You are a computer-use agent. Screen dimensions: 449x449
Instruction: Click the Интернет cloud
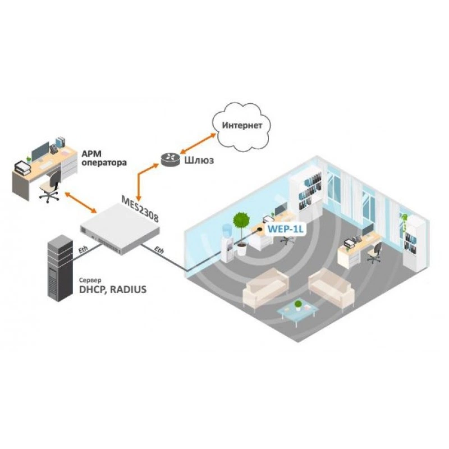(241, 127)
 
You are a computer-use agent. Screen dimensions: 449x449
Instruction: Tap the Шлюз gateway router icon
(170, 160)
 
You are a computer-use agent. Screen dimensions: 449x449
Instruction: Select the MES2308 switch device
(120, 229)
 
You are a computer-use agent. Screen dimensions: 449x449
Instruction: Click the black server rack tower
(60, 268)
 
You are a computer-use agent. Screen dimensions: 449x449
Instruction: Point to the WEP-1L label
(285, 229)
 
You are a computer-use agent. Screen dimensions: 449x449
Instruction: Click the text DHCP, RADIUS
(113, 290)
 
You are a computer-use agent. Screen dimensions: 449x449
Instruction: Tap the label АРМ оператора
(104, 158)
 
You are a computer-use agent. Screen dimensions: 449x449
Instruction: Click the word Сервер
(90, 280)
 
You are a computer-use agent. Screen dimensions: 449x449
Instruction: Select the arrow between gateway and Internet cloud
(198, 143)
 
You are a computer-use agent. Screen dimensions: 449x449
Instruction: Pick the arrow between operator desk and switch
(80, 203)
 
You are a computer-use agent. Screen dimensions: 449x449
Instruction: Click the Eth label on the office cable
(159, 250)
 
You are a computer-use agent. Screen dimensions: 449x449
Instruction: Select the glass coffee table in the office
(298, 312)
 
